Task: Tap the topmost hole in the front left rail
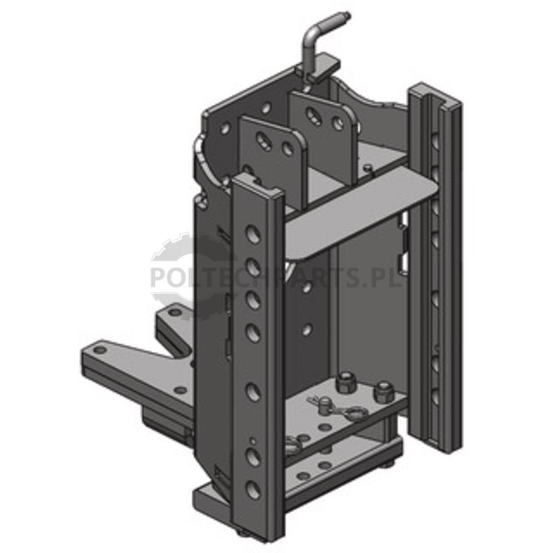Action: tap(253, 233)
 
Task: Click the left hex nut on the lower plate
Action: tap(343, 383)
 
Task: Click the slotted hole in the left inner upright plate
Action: tap(263, 140)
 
